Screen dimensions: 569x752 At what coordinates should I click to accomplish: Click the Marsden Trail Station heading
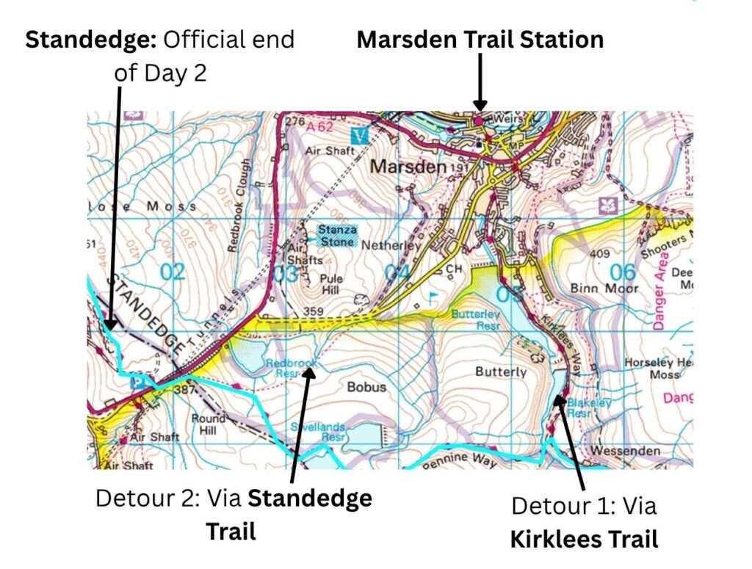coord(480,39)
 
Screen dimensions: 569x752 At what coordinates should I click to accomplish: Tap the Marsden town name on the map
coord(408,167)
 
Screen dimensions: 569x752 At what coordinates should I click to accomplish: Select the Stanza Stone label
coord(337,236)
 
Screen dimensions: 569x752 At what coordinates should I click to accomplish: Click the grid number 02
coord(173,273)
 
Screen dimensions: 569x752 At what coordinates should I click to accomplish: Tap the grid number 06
coord(622,272)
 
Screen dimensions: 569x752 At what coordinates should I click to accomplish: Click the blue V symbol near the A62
coord(359,136)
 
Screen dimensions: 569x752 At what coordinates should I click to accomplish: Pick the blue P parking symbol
coord(137,383)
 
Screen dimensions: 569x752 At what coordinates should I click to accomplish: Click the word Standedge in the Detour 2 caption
coord(309,499)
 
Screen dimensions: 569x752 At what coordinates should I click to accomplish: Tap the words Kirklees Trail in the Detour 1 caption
coord(584,540)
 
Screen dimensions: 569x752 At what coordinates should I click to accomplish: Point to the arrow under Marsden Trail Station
coord(480,84)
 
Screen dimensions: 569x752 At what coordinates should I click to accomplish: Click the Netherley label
coord(395,247)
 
